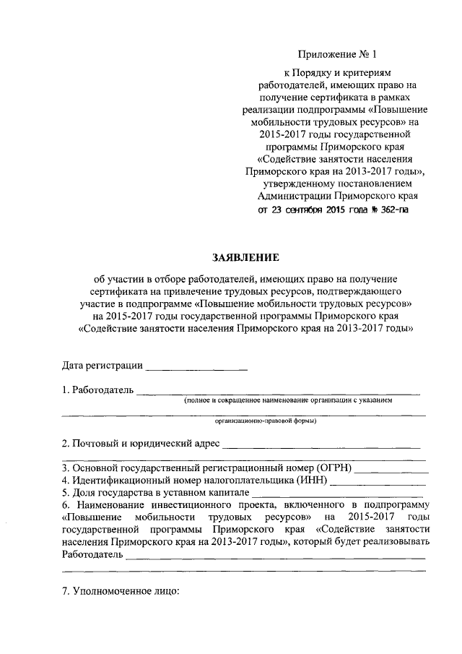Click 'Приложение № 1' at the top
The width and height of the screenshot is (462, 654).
tap(337, 54)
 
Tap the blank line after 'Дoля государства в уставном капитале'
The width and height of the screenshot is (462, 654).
tap(332, 494)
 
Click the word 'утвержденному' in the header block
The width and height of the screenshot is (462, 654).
tap(299, 184)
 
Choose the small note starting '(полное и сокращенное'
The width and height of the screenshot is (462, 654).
tap(287, 400)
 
